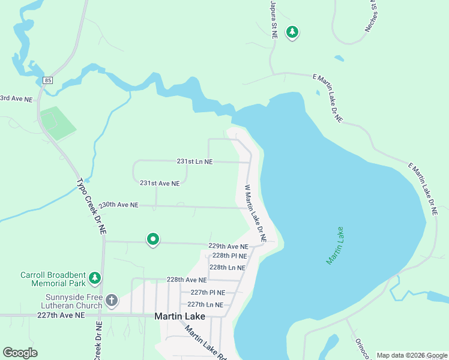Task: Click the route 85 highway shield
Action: [48, 80]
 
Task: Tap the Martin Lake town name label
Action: [180, 316]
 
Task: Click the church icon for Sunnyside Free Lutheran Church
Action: [112, 299]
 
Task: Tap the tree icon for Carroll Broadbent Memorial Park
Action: [94, 278]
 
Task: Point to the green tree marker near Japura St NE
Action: [292, 32]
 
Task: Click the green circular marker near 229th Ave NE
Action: [153, 239]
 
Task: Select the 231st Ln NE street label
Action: [194, 161]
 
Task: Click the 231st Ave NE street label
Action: [160, 183]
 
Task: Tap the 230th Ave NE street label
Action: [118, 205]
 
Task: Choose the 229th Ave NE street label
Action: [228, 246]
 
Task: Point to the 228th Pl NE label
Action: [229, 256]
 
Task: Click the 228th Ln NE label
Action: [228, 268]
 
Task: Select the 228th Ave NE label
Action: [187, 280]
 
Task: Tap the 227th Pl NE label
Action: [208, 292]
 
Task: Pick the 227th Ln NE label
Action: [206, 305]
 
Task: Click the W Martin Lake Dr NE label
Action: [255, 213]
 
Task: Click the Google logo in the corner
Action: [20, 353]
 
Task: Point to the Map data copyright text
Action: [412, 355]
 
